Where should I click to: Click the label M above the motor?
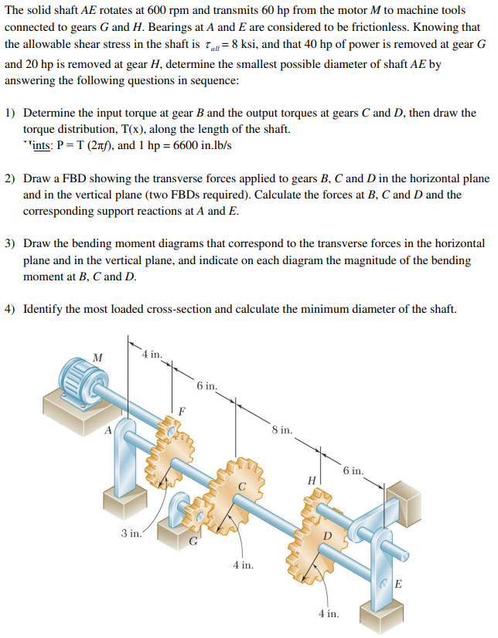(97, 357)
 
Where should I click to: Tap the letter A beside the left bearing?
(109, 430)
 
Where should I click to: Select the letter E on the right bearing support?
(397, 583)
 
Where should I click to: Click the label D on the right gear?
(327, 534)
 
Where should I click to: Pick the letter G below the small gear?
(193, 543)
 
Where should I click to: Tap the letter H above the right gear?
(312, 480)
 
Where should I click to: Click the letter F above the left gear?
(182, 411)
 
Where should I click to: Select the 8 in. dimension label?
(281, 429)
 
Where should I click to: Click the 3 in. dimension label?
(131, 532)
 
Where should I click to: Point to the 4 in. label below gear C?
(243, 565)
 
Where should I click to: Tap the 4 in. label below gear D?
(328, 614)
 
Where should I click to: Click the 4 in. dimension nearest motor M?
(152, 355)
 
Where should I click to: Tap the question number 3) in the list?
(11, 243)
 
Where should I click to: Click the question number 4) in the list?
(11, 310)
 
